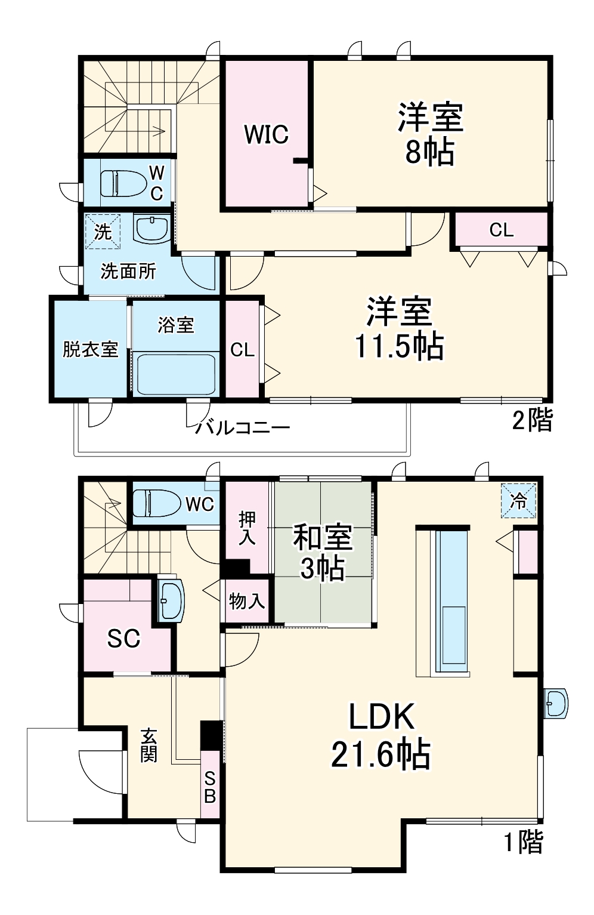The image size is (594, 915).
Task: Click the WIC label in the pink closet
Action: (x=266, y=134)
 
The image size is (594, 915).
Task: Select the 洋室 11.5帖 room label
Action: (x=399, y=328)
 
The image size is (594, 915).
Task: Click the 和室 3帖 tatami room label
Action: (x=322, y=553)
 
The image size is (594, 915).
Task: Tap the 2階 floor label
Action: (x=533, y=421)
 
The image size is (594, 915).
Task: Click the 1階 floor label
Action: (x=524, y=842)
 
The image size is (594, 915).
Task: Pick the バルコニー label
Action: (x=243, y=427)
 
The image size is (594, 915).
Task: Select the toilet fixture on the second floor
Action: (x=124, y=183)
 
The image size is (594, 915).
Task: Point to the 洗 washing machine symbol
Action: (x=103, y=232)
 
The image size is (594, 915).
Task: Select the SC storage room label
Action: (x=123, y=639)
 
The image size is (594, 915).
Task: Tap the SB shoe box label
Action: (x=209, y=786)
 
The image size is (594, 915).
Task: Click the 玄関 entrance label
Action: (x=148, y=745)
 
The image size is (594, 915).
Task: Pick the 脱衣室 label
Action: (x=90, y=349)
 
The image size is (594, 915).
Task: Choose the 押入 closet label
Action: (x=247, y=528)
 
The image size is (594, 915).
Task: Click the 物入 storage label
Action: (x=247, y=601)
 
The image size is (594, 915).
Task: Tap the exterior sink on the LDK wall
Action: (x=556, y=704)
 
